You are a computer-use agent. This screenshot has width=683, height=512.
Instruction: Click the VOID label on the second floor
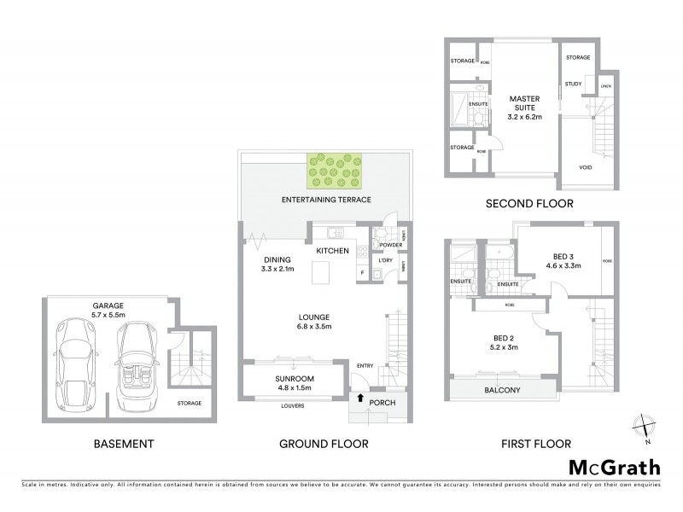[586, 166]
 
